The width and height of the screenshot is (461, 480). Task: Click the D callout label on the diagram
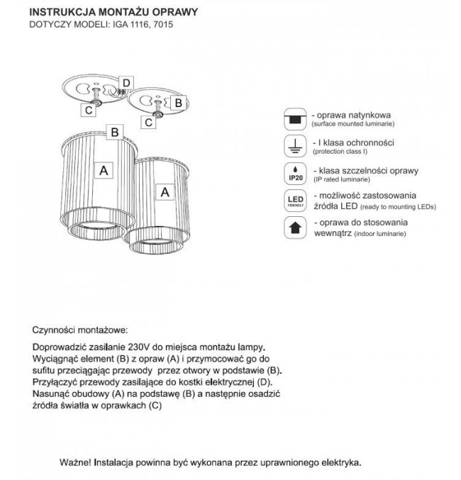[x=125, y=84]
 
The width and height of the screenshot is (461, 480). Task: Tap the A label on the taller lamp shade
[x=104, y=170]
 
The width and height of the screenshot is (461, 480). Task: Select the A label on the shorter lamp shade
[x=165, y=191]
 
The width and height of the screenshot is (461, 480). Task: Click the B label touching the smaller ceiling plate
[x=179, y=102]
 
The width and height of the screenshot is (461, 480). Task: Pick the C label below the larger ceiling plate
[x=88, y=110]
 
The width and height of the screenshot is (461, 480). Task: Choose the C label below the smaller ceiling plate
[x=148, y=122]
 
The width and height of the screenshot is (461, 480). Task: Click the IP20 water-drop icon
[x=294, y=174]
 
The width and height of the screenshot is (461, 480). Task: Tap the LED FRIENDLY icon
[x=294, y=201]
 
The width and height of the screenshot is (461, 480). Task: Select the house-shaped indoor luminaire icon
[x=294, y=228]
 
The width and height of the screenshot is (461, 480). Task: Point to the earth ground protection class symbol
[x=294, y=145]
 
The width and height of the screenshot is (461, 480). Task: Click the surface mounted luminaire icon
[x=294, y=118]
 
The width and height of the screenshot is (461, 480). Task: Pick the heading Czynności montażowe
[x=80, y=330]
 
